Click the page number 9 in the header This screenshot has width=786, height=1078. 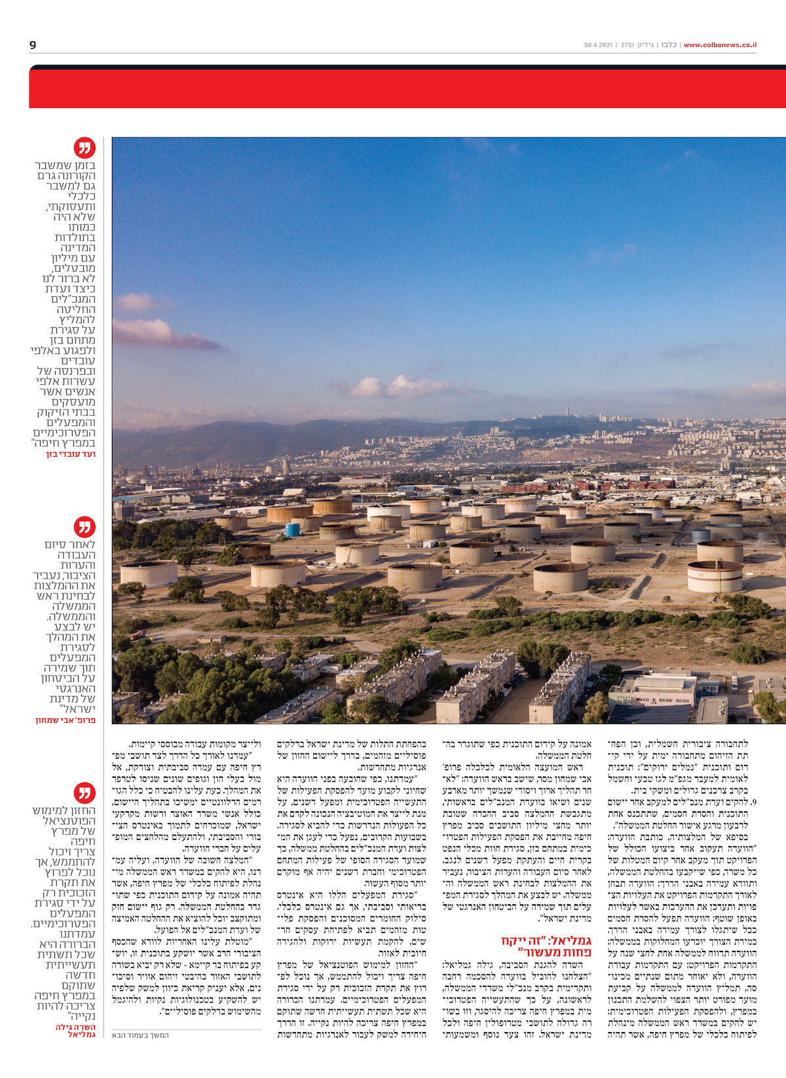click(x=33, y=45)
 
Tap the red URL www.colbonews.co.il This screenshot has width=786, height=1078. click(x=720, y=45)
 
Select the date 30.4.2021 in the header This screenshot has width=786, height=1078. click(x=597, y=45)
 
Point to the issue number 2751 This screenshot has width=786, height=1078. click(x=627, y=45)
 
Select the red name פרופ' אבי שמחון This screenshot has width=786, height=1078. click(x=65, y=720)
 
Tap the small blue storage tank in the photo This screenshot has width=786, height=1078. click(x=292, y=528)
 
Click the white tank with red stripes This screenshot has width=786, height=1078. click(x=715, y=577)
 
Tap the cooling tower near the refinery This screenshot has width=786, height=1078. click(x=286, y=466)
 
